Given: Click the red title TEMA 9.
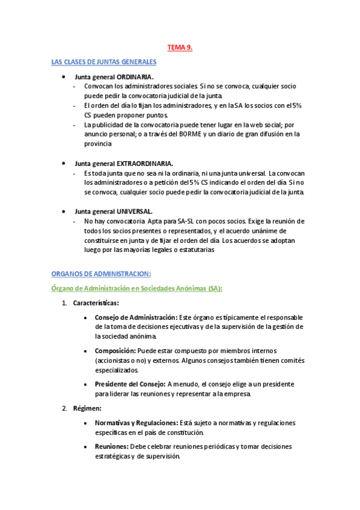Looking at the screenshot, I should coord(179,48).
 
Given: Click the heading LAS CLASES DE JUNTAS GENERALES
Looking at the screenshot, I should coord(104,62).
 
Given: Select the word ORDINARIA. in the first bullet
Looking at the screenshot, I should coord(135,77).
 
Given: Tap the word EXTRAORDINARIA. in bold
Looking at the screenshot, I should coord(145,164).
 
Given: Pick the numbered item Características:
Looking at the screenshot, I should coord(96,303).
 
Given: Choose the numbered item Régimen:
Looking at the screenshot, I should coord(87,409).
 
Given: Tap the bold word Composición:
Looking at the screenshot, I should coord(115,351).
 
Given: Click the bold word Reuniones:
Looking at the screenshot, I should coord(112,447).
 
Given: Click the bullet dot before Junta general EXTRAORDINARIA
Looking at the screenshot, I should coord(63,164).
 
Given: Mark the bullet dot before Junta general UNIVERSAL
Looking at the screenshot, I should coord(63,212).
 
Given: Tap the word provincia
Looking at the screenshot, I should coord(98,144).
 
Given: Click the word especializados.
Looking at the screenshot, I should coord(117,370).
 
